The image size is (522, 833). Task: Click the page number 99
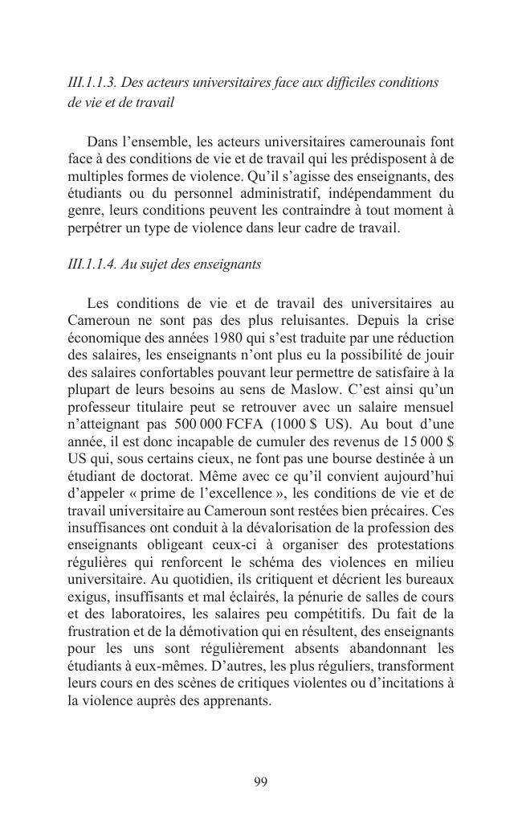pyautogui.click(x=260, y=782)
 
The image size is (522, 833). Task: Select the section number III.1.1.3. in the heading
pyautogui.click(x=92, y=83)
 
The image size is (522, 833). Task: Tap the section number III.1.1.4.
pyautogui.click(x=92, y=264)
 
